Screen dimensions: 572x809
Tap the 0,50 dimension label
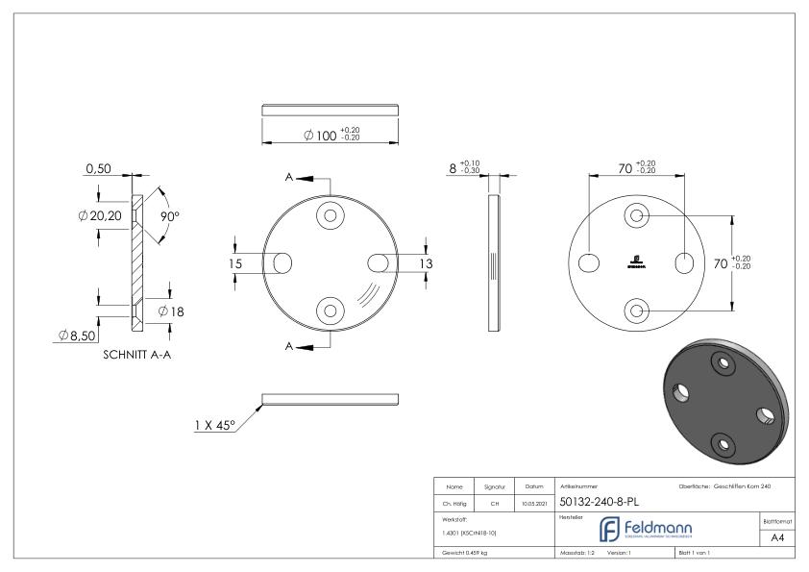(98, 169)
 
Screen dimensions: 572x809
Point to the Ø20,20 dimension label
(100, 216)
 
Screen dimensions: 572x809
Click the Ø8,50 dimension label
(78, 336)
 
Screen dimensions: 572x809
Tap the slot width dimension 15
(235, 262)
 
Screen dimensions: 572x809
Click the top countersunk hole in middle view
(331, 215)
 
